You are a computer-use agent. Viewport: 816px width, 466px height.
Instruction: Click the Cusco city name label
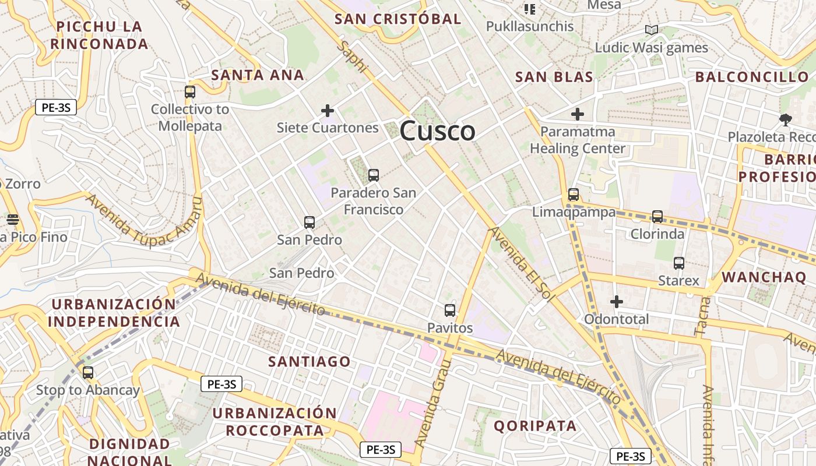[437, 130]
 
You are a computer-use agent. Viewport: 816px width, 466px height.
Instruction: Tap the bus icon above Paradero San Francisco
[374, 175]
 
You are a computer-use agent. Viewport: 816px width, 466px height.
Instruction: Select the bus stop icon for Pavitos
[449, 310]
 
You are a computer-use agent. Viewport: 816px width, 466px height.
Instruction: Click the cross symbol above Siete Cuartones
[328, 110]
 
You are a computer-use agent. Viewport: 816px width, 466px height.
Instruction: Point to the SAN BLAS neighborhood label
[554, 77]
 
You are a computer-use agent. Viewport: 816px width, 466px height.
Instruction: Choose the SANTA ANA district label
[257, 75]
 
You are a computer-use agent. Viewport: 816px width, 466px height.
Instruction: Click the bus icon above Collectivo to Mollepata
[190, 91]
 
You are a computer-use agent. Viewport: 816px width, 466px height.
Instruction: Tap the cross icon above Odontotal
[616, 302]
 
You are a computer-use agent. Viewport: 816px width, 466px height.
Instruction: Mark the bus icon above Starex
[678, 263]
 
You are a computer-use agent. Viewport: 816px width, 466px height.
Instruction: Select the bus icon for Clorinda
[657, 217]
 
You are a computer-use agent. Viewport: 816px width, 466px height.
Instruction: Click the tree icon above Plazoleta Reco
[785, 120]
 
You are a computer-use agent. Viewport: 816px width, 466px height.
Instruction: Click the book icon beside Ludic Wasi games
[651, 30]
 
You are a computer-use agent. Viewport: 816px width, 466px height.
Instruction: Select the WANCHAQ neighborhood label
[764, 277]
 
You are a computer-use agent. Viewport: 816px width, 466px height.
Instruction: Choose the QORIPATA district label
[535, 426]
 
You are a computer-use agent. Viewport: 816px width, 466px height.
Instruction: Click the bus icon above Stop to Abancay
[88, 373]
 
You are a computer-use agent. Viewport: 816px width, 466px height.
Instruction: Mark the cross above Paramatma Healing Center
[577, 114]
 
